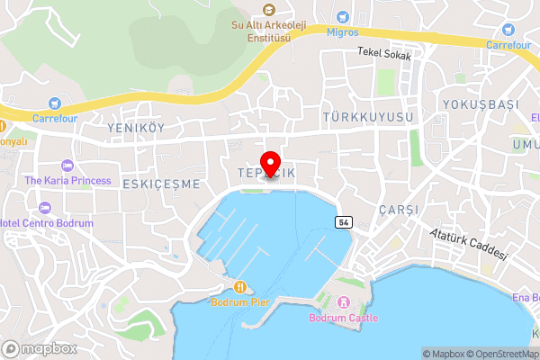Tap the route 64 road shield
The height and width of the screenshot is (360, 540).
(x=345, y=221)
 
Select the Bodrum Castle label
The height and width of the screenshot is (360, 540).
(x=343, y=318)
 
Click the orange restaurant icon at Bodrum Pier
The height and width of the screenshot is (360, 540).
(x=240, y=286)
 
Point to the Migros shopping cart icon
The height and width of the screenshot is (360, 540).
(x=342, y=17)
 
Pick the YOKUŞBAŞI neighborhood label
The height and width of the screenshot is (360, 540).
(x=481, y=104)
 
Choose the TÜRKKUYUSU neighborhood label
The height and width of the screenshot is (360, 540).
(x=367, y=118)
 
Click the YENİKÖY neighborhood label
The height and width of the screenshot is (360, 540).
(x=136, y=128)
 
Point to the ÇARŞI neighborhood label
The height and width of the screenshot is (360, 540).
(x=399, y=209)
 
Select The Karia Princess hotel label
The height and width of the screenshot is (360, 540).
(x=67, y=180)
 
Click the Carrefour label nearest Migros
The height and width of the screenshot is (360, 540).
(x=509, y=43)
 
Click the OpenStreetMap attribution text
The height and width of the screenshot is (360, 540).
(x=501, y=354)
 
